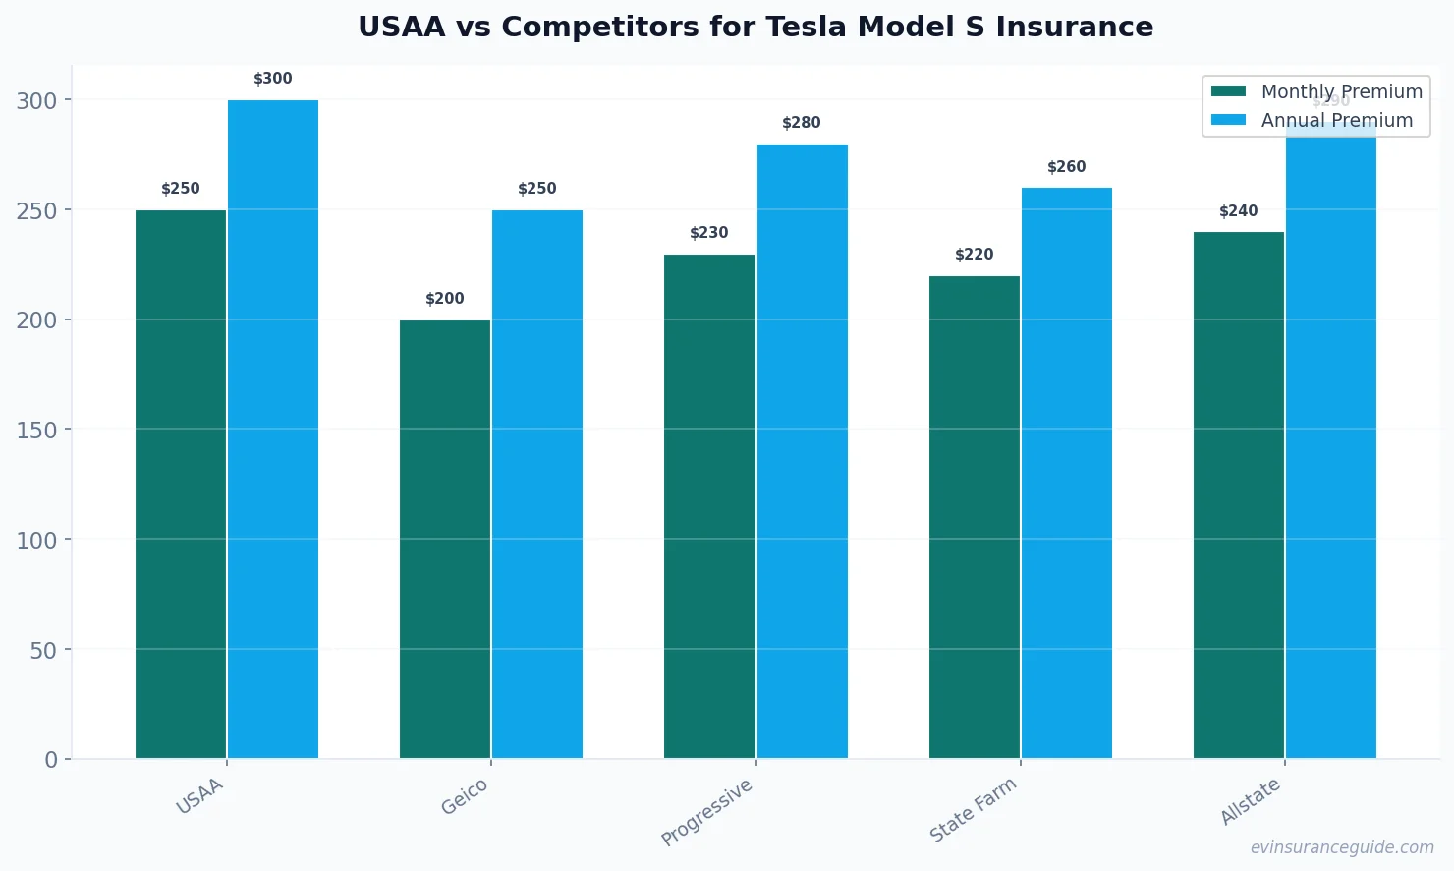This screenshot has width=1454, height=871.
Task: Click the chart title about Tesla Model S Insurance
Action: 755,27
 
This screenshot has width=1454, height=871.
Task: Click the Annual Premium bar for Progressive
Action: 802,451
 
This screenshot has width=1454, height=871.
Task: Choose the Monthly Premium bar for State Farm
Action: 975,517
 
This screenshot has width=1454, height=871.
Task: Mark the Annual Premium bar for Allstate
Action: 1331,442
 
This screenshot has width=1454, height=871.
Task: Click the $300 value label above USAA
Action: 273,79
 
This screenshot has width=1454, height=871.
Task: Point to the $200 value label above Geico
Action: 445,299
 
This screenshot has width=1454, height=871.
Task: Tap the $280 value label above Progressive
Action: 802,123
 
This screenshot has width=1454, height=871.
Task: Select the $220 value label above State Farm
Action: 975,255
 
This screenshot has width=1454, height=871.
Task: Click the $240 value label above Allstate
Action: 1239,211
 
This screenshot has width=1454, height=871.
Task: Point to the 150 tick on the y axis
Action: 36,430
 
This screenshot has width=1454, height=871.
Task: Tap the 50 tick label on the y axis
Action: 43,650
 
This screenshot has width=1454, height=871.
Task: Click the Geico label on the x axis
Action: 464,797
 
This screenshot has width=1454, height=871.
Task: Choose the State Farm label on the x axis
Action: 973,809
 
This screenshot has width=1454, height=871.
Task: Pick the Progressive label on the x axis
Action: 706,812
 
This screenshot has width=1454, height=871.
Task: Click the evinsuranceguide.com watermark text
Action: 1342,847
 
